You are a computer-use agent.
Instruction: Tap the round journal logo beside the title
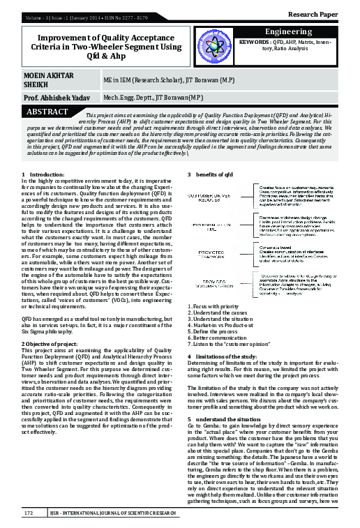point(217,46)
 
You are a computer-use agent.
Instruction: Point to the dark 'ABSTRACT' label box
point(47,112)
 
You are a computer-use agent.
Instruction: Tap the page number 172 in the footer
point(29,513)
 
